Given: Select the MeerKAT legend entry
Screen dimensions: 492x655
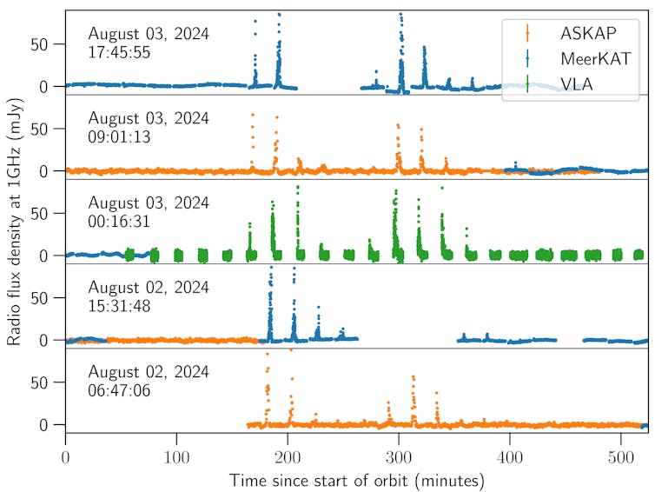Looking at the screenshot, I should pos(591,57).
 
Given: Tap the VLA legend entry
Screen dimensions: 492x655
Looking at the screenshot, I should pos(573,83).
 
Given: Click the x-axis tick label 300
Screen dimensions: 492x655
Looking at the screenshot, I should pos(399,457).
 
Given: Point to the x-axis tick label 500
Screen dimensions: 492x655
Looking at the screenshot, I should pos(621,457).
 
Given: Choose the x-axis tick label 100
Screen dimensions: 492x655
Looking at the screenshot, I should pos(176,457).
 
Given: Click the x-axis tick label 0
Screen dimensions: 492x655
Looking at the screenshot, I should pos(65,457).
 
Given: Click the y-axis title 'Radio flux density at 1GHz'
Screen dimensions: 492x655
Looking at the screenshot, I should pos(15,222).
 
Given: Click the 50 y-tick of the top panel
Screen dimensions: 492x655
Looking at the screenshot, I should pos(49,43).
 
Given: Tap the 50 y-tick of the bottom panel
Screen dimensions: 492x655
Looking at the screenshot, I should pos(49,382).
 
